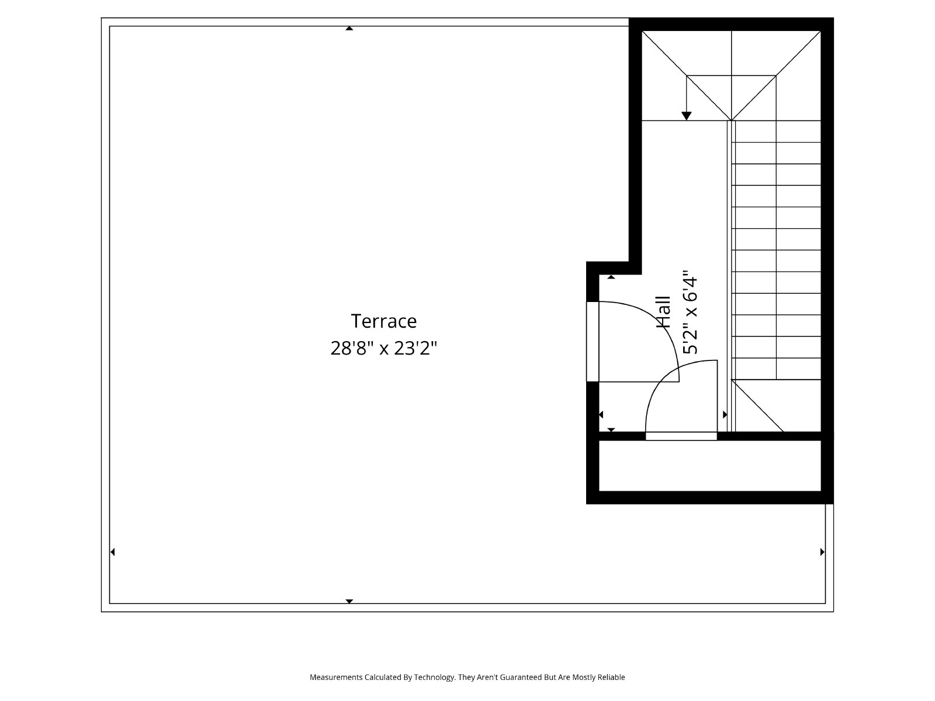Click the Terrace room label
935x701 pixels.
click(383, 321)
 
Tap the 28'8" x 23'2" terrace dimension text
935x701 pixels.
click(384, 348)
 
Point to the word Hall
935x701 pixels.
click(664, 312)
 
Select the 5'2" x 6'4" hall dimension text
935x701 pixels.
click(690, 312)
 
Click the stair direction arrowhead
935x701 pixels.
click(686, 116)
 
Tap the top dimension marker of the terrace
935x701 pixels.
click(349, 29)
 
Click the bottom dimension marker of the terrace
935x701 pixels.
click(349, 601)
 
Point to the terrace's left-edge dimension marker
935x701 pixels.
click(112, 552)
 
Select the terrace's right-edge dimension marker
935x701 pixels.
click(823, 552)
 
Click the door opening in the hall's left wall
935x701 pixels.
click(593, 342)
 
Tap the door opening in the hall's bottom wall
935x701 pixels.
click(681, 436)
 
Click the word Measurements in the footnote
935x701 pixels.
click(336, 677)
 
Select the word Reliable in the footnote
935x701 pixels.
click(612, 677)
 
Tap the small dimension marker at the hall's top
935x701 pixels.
click(611, 277)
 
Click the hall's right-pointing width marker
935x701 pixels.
click(725, 415)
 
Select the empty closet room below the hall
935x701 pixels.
click(709, 466)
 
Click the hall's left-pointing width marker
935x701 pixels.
click(601, 415)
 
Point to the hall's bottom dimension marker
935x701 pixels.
click(611, 430)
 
